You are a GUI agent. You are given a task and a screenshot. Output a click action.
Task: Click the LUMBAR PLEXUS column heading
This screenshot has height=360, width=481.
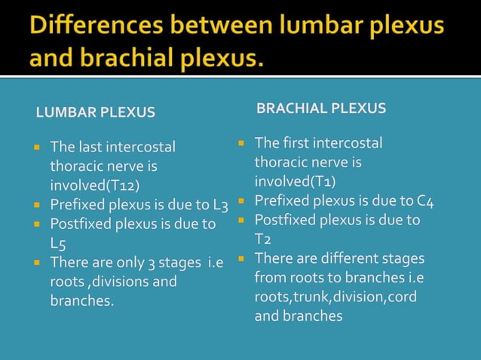[x=96, y=113]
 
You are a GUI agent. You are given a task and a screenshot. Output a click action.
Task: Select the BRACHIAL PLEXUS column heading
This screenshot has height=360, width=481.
[x=321, y=108]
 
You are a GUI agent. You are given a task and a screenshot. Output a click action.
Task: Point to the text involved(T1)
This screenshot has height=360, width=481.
[x=295, y=182]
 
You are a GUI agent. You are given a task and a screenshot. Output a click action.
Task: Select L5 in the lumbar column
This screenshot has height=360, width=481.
[x=57, y=244]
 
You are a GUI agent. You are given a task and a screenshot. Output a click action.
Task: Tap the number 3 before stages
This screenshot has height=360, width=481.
[x=151, y=263]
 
